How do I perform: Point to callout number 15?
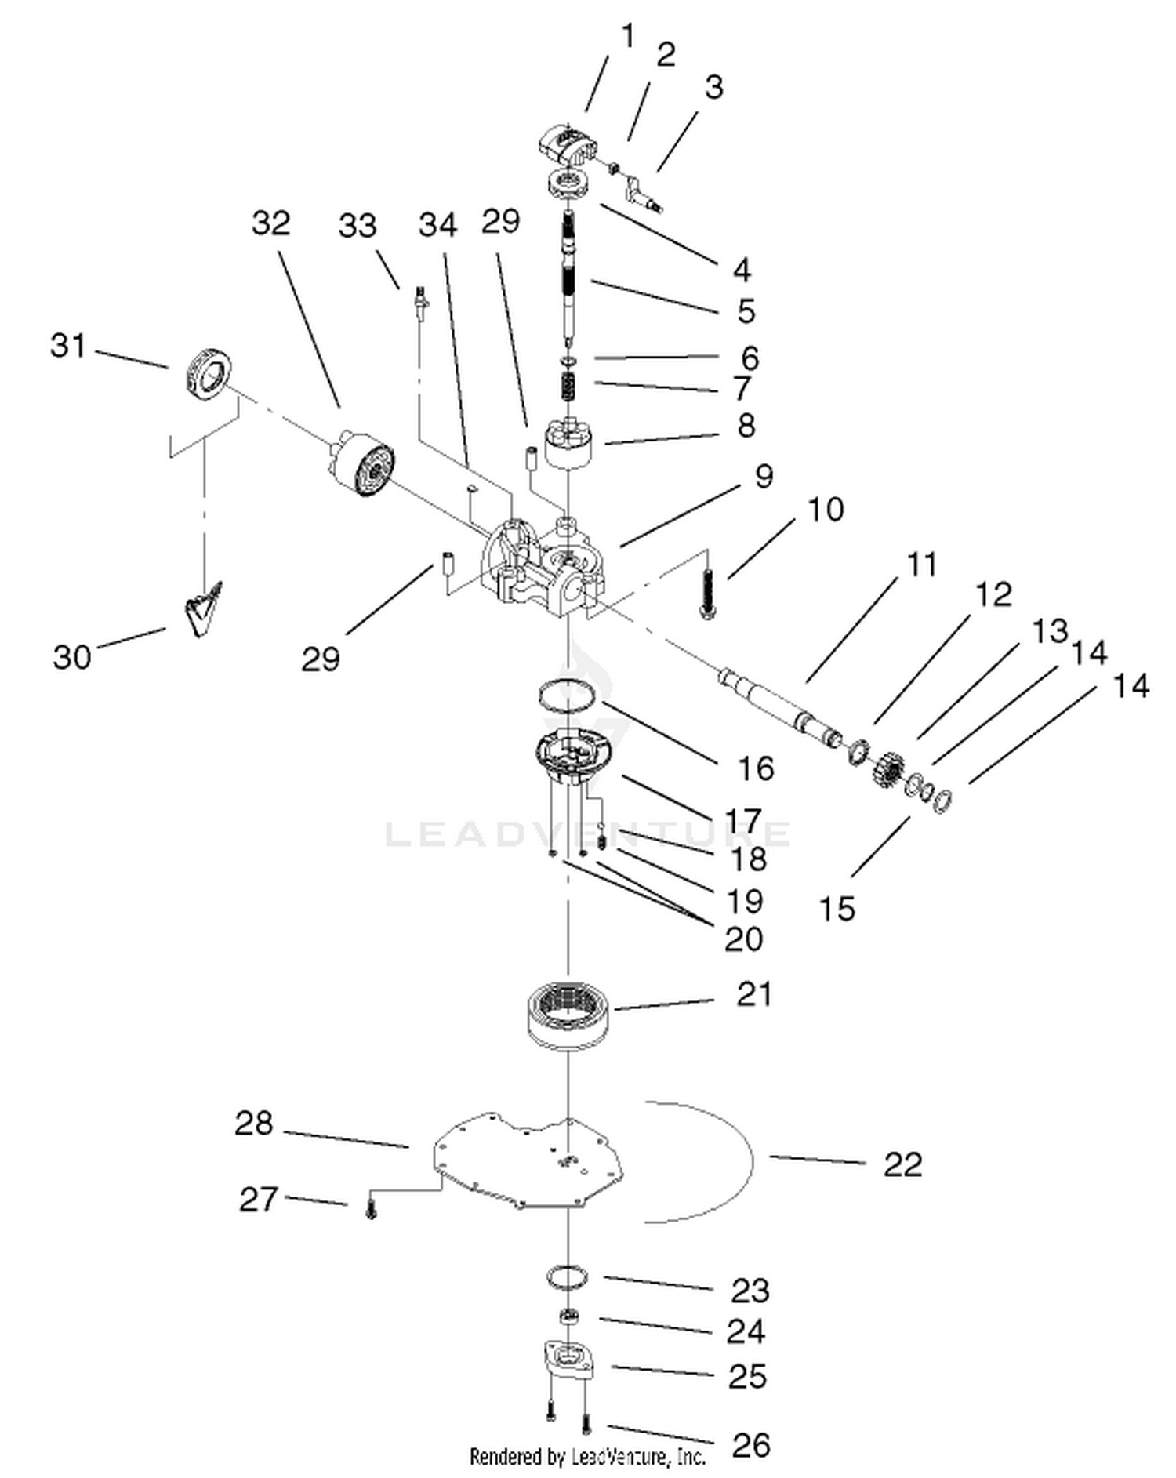[x=837, y=909]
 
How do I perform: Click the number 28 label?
[x=254, y=1124]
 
